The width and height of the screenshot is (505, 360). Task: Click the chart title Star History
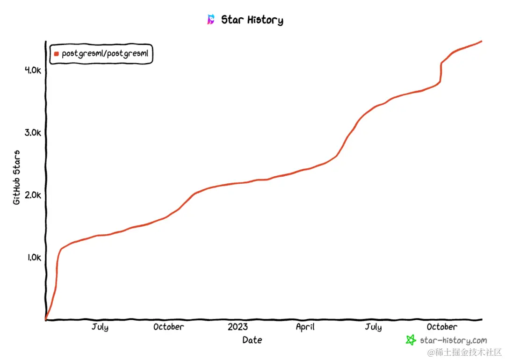[x=252, y=20]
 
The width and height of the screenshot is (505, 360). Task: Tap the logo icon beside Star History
[x=211, y=20]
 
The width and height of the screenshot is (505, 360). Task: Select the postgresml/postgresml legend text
[x=105, y=54]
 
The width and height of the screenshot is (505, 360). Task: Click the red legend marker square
[x=57, y=54]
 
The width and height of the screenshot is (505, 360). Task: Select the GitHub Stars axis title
[x=17, y=178]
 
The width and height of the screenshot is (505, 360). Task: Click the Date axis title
[x=252, y=340]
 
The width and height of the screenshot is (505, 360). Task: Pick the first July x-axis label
[x=100, y=327]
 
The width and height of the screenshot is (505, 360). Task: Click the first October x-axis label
[x=168, y=327]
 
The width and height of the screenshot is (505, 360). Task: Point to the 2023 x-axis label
[x=238, y=327]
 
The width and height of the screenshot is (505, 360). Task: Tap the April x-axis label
[x=305, y=327]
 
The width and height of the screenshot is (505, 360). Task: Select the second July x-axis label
[x=373, y=327]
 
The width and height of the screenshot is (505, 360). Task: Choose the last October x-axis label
[x=442, y=327]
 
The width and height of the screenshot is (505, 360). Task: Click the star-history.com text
[x=453, y=340]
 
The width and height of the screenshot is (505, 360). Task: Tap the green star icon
[x=411, y=340]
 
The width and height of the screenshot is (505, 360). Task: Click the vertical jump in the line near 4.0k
[x=440, y=72]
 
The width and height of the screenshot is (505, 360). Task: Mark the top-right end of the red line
[x=481, y=42]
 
